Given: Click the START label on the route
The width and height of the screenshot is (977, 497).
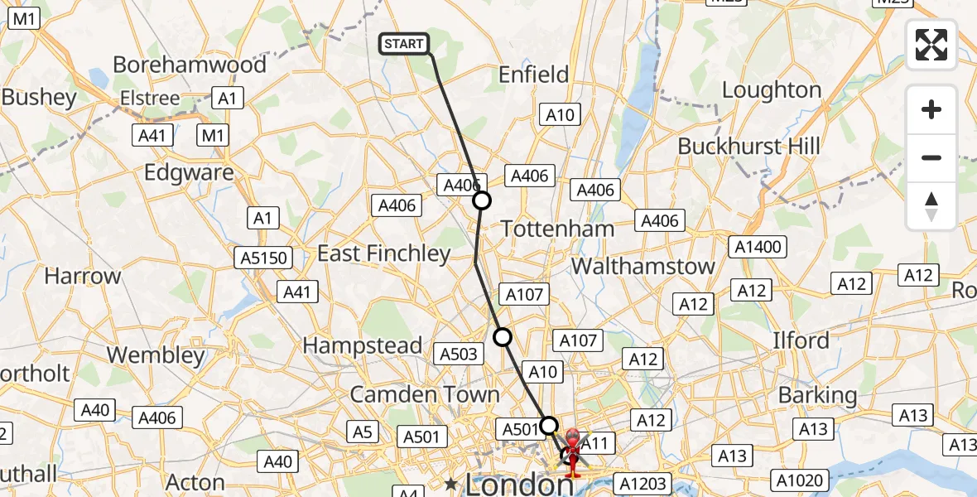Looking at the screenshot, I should click(404, 44).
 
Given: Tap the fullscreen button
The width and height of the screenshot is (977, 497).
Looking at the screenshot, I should click(931, 45).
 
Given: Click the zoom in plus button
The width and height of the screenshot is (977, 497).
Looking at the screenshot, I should click(931, 109).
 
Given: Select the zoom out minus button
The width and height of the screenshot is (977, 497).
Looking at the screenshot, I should click(931, 157).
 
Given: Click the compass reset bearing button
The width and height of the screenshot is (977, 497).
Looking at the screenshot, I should click(931, 206).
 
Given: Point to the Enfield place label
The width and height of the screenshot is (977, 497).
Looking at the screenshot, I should click(534, 75).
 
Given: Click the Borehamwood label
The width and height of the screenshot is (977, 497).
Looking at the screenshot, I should click(190, 65).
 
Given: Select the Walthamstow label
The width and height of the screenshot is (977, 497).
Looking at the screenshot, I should click(643, 266).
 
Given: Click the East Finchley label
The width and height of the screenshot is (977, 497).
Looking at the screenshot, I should click(384, 253).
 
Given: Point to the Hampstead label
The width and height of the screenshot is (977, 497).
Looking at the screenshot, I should click(363, 345).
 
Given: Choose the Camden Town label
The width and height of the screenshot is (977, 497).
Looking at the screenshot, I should click(425, 394).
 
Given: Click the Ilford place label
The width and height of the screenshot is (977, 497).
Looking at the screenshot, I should click(801, 340).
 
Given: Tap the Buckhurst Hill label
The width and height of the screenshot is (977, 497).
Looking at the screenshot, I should click(749, 147).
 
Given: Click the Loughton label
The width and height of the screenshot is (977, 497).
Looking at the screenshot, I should click(772, 89).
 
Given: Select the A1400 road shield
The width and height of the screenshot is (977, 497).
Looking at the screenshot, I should click(759, 247).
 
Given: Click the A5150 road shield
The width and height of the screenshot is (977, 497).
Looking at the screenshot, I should click(265, 258).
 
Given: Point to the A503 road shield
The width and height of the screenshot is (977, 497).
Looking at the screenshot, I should click(459, 354).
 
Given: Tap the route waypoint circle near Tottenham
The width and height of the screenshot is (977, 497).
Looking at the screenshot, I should click(481, 200).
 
